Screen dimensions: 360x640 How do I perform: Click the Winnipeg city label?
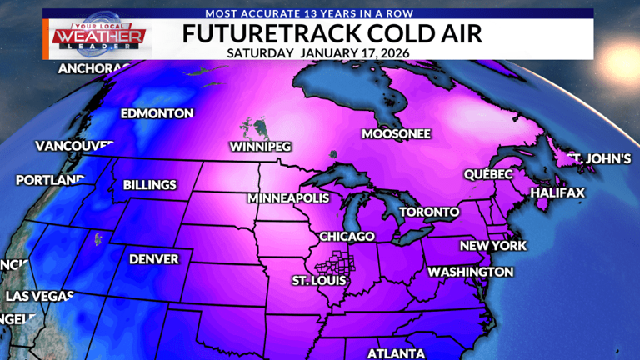(260, 147)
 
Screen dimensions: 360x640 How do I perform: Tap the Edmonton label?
(157, 113)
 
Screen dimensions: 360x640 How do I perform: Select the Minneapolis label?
(288, 199)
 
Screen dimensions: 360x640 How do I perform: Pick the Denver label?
(154, 259)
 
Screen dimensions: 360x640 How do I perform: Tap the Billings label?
(150, 185)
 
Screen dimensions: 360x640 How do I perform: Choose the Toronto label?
(429, 212)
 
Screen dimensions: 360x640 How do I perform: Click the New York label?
(493, 246)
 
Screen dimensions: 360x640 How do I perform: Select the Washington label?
(470, 272)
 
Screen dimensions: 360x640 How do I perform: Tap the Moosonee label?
(396, 133)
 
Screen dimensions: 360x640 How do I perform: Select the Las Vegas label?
(40, 296)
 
